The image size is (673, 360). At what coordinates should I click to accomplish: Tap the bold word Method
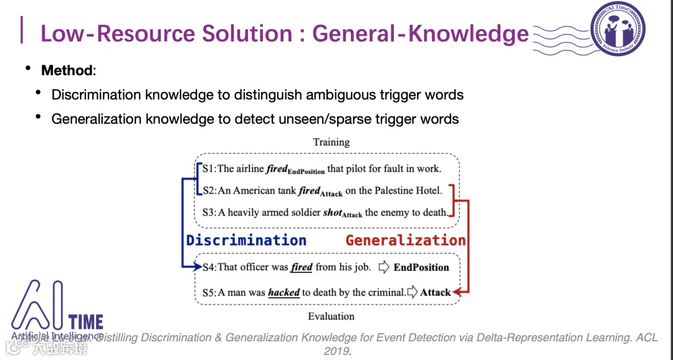[x=67, y=70]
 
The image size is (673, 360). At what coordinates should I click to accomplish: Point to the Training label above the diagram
[x=331, y=142]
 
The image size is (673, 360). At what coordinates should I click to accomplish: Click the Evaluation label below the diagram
[x=331, y=316]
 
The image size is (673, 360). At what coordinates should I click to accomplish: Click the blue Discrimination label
[x=246, y=240]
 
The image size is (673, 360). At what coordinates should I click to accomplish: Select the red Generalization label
[x=406, y=240]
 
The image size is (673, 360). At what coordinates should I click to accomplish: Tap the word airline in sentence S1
[x=250, y=169]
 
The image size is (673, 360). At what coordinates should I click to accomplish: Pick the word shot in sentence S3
[x=332, y=212]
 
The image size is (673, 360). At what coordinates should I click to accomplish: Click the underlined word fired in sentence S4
[x=302, y=267]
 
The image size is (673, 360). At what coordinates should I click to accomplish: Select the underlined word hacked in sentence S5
[x=284, y=292]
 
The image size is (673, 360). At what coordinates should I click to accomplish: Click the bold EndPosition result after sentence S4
[x=421, y=267]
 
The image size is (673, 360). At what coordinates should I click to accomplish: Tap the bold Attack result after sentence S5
[x=435, y=292]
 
